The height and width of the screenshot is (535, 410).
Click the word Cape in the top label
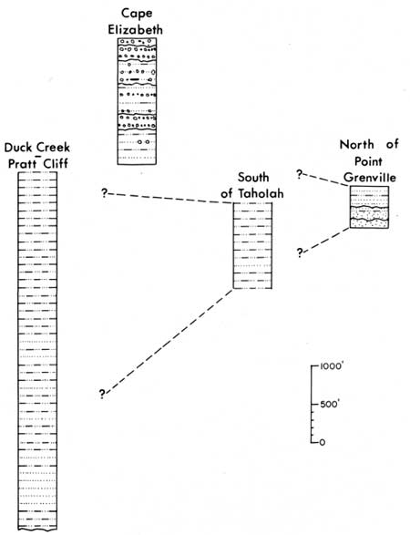pyautogui.click(x=137, y=15)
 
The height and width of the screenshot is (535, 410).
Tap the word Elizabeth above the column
pyautogui.click(x=136, y=30)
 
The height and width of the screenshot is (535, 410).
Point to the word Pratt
pyautogui.click(x=23, y=163)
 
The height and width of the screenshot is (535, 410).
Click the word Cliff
pyautogui.click(x=56, y=163)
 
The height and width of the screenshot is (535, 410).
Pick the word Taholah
pyautogui.click(x=261, y=193)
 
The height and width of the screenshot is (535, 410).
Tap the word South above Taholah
pyautogui.click(x=253, y=178)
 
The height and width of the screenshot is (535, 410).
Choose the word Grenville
pyautogui.click(x=370, y=178)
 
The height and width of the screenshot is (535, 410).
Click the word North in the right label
pyautogui.click(x=357, y=145)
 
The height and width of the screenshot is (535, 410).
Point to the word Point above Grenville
pyautogui.click(x=368, y=161)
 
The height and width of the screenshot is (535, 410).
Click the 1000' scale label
pyautogui.click(x=331, y=366)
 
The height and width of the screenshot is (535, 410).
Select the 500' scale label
pyautogui.click(x=329, y=405)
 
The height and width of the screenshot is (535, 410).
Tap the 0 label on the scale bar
pyautogui.click(x=322, y=443)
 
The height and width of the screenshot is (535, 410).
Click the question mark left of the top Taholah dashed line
pyautogui.click(x=104, y=193)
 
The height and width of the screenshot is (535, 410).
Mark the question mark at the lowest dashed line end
pyautogui.click(x=102, y=394)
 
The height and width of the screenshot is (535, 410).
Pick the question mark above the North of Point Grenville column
pyautogui.click(x=299, y=174)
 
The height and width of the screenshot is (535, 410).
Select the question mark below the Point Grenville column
pyautogui.click(x=300, y=252)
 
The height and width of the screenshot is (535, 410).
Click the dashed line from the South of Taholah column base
pyautogui.click(x=169, y=341)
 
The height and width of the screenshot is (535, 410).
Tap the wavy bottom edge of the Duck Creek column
pyautogui.click(x=37, y=530)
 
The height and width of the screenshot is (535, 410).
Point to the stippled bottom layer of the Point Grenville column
pyautogui.click(x=369, y=223)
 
